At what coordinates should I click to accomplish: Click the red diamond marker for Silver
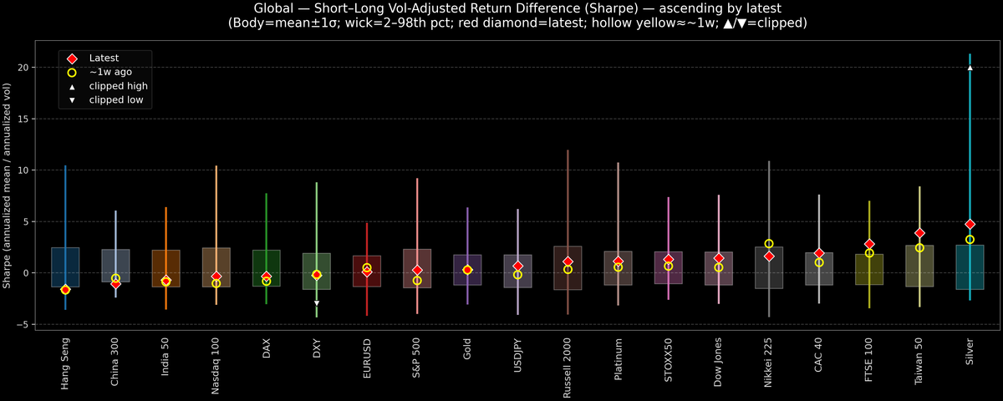point(970,225)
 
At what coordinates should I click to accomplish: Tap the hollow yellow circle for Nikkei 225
point(769,244)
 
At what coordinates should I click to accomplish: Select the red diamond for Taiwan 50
point(919,233)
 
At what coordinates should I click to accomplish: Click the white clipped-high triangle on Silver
point(970,68)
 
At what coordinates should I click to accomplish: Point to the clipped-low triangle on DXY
point(317,303)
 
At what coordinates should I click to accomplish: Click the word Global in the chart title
point(275,8)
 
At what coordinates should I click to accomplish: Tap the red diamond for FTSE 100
point(869,244)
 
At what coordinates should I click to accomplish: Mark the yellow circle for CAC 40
point(819,262)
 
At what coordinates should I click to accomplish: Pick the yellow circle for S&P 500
point(417,281)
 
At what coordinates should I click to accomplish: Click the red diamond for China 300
point(115,284)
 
